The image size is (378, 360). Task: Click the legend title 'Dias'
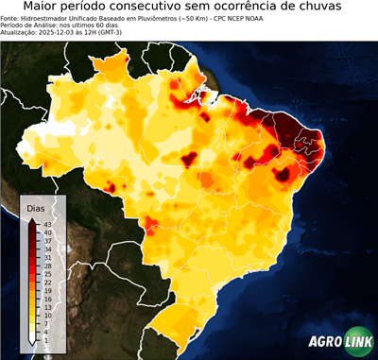tap(36, 208)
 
